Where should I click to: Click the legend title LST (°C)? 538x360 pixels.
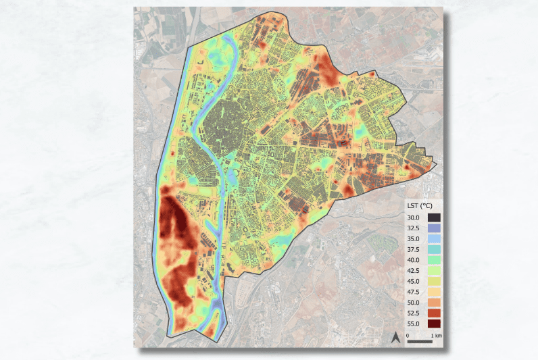click(x=419, y=205)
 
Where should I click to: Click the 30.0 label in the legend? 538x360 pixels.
click(x=414, y=217)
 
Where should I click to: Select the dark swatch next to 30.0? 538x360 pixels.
click(x=434, y=217)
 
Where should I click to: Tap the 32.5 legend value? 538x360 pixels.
click(x=414, y=228)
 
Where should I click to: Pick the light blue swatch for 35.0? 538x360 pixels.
click(x=434, y=239)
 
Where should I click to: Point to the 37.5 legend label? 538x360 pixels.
click(x=414, y=249)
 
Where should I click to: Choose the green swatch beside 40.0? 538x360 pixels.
click(x=434, y=260)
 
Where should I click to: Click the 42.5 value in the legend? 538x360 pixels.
click(x=414, y=270)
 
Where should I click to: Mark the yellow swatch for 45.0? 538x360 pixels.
click(x=434, y=281)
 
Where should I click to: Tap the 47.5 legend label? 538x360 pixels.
click(x=414, y=292)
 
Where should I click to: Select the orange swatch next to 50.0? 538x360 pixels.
click(x=434, y=303)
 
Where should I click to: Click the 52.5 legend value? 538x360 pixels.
click(x=414, y=313)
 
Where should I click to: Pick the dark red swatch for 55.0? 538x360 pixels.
click(x=434, y=324)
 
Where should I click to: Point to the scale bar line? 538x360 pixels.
click(x=420, y=341)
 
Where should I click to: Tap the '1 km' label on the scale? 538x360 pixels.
click(x=436, y=335)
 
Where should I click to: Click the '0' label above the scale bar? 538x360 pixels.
click(x=408, y=335)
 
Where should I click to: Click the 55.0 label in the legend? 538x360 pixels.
click(x=414, y=324)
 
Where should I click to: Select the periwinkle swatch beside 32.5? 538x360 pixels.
click(x=434, y=228)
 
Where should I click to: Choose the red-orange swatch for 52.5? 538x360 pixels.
click(x=434, y=313)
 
